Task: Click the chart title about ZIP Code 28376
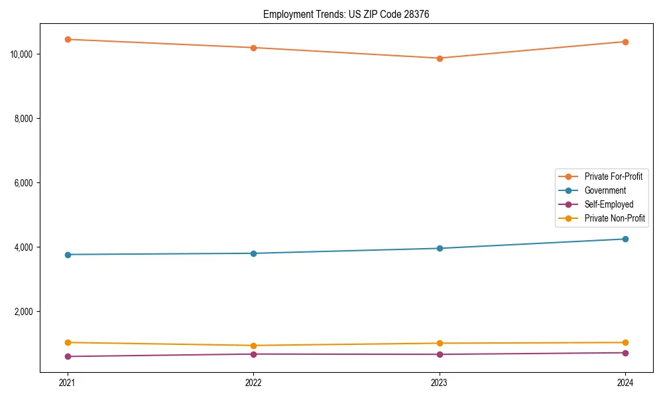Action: coord(346,14)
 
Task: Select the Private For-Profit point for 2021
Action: coord(68,39)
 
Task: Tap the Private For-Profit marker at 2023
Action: coord(440,58)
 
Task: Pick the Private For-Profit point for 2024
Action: coord(625,42)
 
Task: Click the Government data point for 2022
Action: coord(253,253)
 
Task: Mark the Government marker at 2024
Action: coord(625,239)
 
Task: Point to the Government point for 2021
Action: coord(68,255)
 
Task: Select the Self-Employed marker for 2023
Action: coord(440,354)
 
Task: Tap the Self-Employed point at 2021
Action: coord(68,356)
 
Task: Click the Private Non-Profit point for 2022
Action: coord(253,346)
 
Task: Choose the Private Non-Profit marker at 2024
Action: coord(625,342)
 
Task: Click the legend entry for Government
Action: coord(605,190)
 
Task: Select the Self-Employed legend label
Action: coord(609,204)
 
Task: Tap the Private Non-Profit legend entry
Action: coord(615,218)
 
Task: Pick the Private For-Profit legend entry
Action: coord(613,176)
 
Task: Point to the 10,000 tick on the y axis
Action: coord(23,54)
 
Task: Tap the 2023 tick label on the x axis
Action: coord(440,382)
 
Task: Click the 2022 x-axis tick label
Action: coord(253,382)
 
